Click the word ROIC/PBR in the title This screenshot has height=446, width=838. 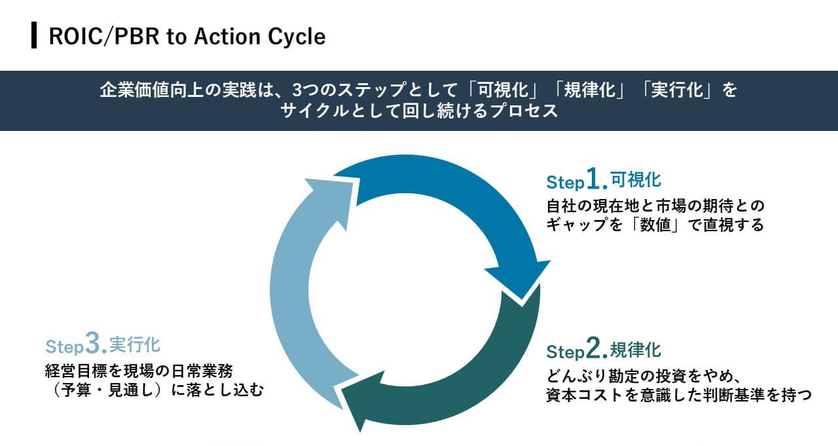pyautogui.click(x=104, y=37)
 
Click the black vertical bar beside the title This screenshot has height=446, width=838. pyautogui.click(x=34, y=35)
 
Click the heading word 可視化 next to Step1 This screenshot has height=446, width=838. pyautogui.click(x=636, y=179)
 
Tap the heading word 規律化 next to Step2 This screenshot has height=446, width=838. pyautogui.click(x=636, y=350)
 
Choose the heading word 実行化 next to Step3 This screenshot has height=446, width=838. pyautogui.click(x=135, y=344)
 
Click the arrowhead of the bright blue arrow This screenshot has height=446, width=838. pyautogui.click(x=520, y=279)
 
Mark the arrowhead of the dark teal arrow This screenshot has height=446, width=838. pyautogui.click(x=362, y=400)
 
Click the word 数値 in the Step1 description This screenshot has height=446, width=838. pyautogui.click(x=655, y=225)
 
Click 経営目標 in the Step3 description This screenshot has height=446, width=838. pyautogui.click(x=76, y=371)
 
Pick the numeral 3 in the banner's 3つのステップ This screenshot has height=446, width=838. pyautogui.click(x=297, y=90)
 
